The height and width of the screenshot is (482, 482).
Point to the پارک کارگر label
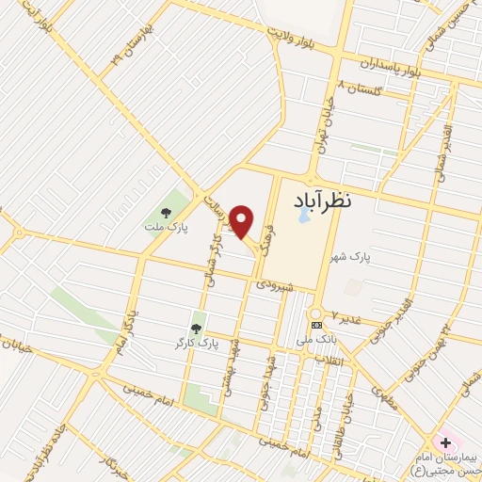coord(196,345)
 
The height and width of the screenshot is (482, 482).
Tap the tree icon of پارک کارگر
coord(196,328)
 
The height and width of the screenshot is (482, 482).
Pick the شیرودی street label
coord(276,282)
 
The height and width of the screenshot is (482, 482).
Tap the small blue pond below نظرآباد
coord(302,216)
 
